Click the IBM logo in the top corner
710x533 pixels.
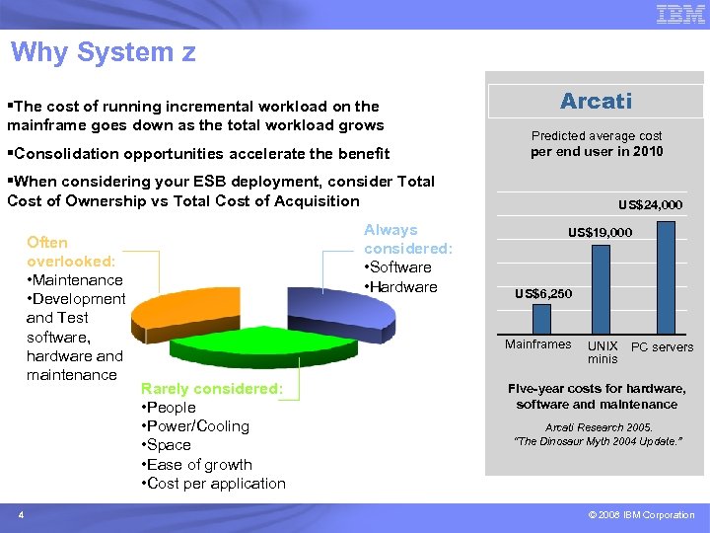[680, 14]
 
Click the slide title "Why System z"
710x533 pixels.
[104, 52]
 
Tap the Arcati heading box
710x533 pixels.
[596, 101]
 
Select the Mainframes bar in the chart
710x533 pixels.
[541, 319]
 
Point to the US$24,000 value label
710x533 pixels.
[650, 205]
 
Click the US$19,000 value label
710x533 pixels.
[600, 233]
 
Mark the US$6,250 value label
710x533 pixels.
[542, 294]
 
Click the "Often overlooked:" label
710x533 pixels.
[71, 252]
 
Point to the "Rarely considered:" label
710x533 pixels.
[211, 389]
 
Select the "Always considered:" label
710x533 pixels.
[407, 239]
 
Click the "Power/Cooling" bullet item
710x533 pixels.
[196, 426]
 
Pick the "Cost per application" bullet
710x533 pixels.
[214, 484]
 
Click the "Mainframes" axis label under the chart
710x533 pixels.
[537, 344]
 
